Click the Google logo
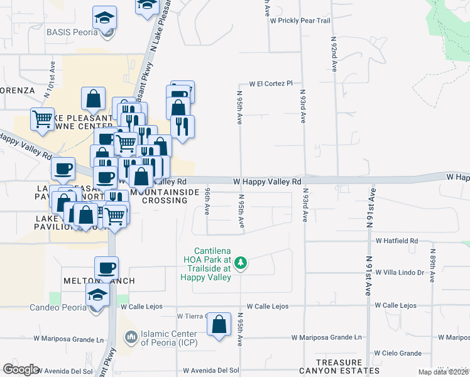(x=21, y=369)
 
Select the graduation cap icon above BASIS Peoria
(x=104, y=17)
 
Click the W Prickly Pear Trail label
(x=300, y=21)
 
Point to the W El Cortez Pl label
(x=271, y=83)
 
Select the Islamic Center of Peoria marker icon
(x=131, y=337)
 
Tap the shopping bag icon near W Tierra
(x=219, y=325)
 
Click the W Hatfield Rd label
(x=397, y=241)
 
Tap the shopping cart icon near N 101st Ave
(x=42, y=117)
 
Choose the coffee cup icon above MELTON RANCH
(x=106, y=268)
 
